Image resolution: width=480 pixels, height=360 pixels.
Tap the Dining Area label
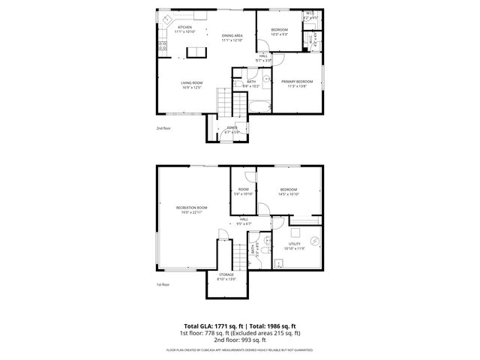tap(232, 37)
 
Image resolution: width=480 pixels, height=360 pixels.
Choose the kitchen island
tap(196, 52)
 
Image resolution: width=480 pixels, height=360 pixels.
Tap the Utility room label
tap(295, 245)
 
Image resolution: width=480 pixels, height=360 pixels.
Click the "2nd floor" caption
tap(163, 128)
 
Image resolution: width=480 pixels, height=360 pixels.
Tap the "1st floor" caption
tap(163, 285)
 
